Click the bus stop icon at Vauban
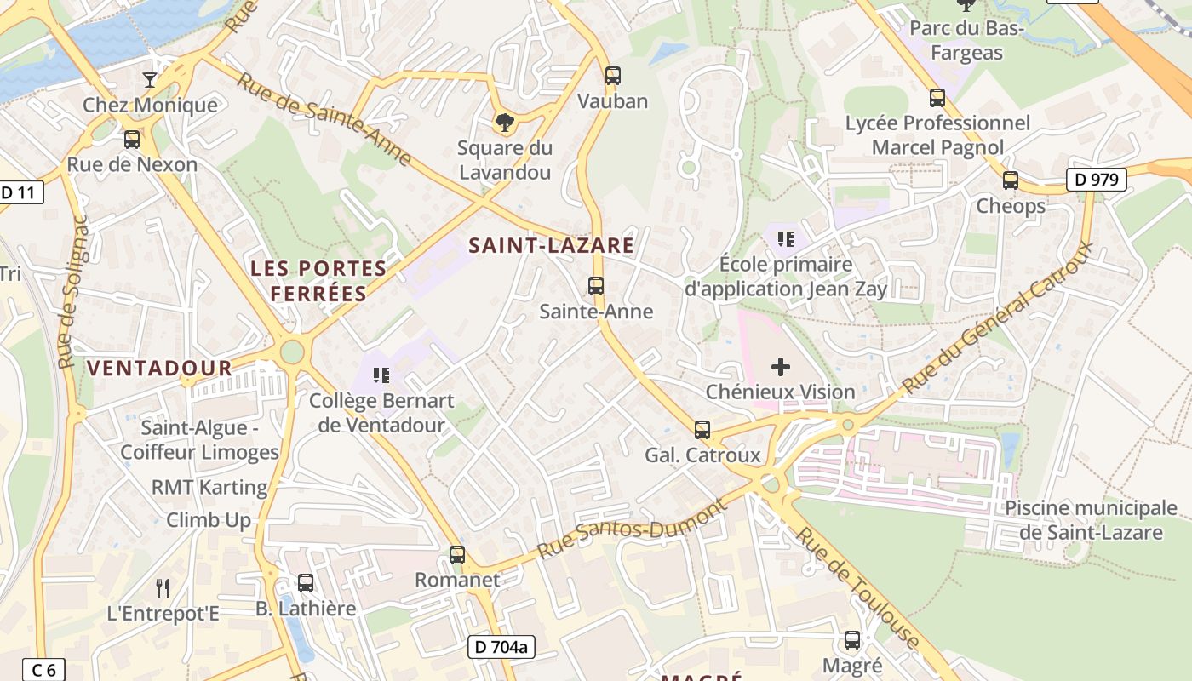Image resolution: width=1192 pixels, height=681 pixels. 612,75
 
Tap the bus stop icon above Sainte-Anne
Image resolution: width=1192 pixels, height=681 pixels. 596,285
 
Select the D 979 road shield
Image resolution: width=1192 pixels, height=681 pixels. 1097,180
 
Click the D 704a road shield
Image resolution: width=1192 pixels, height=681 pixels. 501,647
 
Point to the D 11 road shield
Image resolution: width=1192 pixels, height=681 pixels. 19,192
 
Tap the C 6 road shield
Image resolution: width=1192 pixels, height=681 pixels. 43,670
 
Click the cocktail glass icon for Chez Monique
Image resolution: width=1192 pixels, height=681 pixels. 150,79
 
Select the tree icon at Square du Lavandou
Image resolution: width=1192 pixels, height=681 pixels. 505,122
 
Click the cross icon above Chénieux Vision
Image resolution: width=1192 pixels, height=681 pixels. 780,367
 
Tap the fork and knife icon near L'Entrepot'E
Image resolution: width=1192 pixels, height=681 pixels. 163,587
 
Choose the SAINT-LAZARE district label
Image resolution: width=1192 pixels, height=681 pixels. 552,245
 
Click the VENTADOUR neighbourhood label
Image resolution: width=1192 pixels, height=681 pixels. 159,368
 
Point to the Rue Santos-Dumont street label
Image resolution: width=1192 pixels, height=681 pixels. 633,529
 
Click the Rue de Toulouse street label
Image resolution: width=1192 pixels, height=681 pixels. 858,587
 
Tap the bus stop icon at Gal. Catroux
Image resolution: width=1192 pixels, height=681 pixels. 702,430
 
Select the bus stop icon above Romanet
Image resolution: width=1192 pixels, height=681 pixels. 457,555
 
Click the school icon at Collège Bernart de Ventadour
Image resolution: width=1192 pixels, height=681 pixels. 381,375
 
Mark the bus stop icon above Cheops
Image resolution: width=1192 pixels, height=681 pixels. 1011,180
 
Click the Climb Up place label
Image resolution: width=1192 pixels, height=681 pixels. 209,520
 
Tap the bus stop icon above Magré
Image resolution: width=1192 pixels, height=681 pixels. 852,640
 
